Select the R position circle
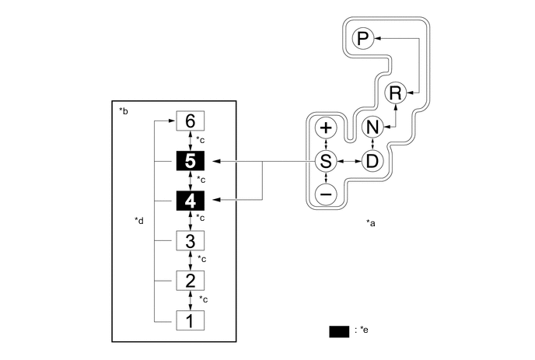tap(395, 93)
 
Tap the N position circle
tap(372, 128)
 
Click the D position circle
tap(372, 161)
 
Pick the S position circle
tap(326, 161)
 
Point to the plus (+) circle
tap(326, 128)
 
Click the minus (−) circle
tap(326, 194)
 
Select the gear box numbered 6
tap(191, 121)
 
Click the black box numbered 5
tap(191, 161)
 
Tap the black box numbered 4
tap(191, 201)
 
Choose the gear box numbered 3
tap(191, 240)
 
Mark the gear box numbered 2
tap(191, 280)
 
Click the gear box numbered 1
tap(191, 319)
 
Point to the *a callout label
tap(371, 223)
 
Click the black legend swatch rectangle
tap(339, 331)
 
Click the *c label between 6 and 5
tap(201, 141)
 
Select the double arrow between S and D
tap(349, 161)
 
